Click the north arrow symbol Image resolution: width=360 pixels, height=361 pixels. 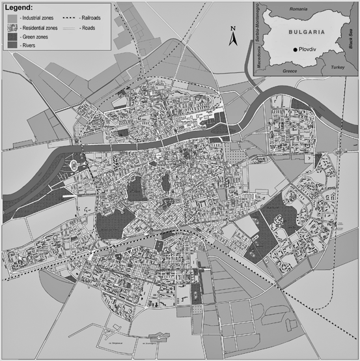(232, 39)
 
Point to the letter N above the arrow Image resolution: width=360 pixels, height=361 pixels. (232, 28)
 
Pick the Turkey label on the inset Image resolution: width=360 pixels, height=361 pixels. (337, 67)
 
